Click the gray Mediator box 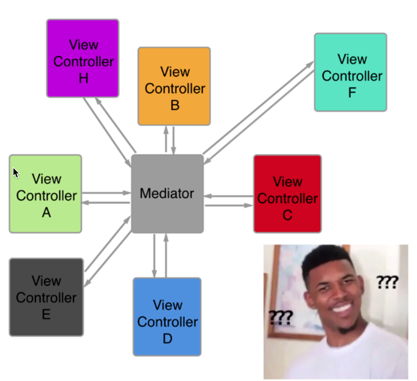(167, 193)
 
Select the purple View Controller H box (83, 58)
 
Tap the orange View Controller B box (174, 86)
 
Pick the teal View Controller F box (350, 72)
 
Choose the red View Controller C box (288, 193)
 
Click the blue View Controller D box (167, 317)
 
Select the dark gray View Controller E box (46, 297)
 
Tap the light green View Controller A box (45, 194)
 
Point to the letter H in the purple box (84, 78)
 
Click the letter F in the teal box (352, 92)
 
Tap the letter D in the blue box (167, 338)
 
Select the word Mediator (167, 193)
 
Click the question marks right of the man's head (387, 282)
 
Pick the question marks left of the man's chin (281, 317)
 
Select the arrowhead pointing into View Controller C (249, 206)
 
